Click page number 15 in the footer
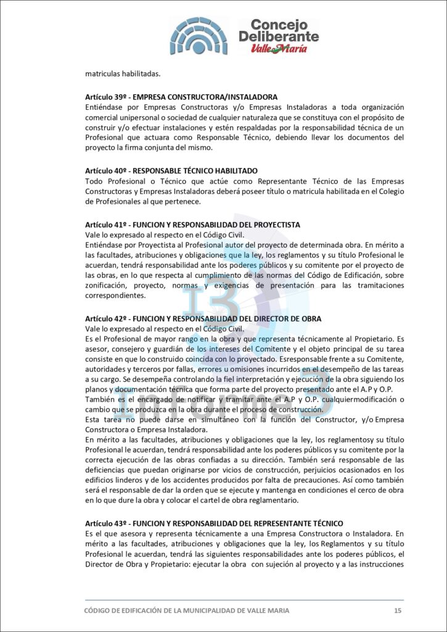point(398,610)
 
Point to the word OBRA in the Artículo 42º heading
point(310,318)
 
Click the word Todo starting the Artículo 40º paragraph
point(93,180)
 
